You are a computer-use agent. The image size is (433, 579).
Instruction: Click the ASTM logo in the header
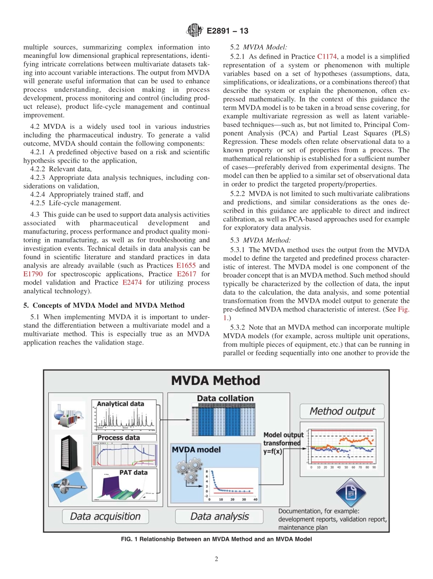tap(195, 31)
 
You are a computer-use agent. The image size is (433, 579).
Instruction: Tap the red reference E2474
tap(132, 283)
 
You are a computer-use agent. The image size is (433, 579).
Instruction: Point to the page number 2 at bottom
tap(216, 559)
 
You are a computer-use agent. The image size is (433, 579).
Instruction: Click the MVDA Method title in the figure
tap(215, 381)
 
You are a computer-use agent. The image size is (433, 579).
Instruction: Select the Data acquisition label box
tap(105, 516)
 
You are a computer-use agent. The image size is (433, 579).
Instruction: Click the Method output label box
tap(342, 411)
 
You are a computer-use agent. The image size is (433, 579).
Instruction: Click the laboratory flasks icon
tap(68, 415)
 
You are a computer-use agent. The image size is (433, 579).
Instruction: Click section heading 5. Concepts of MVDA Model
tap(104, 305)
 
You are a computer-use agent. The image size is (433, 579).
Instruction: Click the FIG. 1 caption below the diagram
tap(216, 539)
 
